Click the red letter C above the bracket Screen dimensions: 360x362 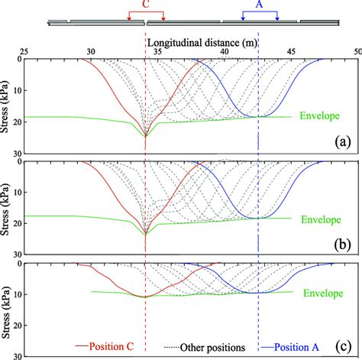pos(145,4)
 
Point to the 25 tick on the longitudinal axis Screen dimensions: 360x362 pos(25,51)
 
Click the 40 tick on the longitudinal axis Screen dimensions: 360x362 pos(225,51)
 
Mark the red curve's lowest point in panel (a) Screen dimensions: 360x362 pos(146,136)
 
